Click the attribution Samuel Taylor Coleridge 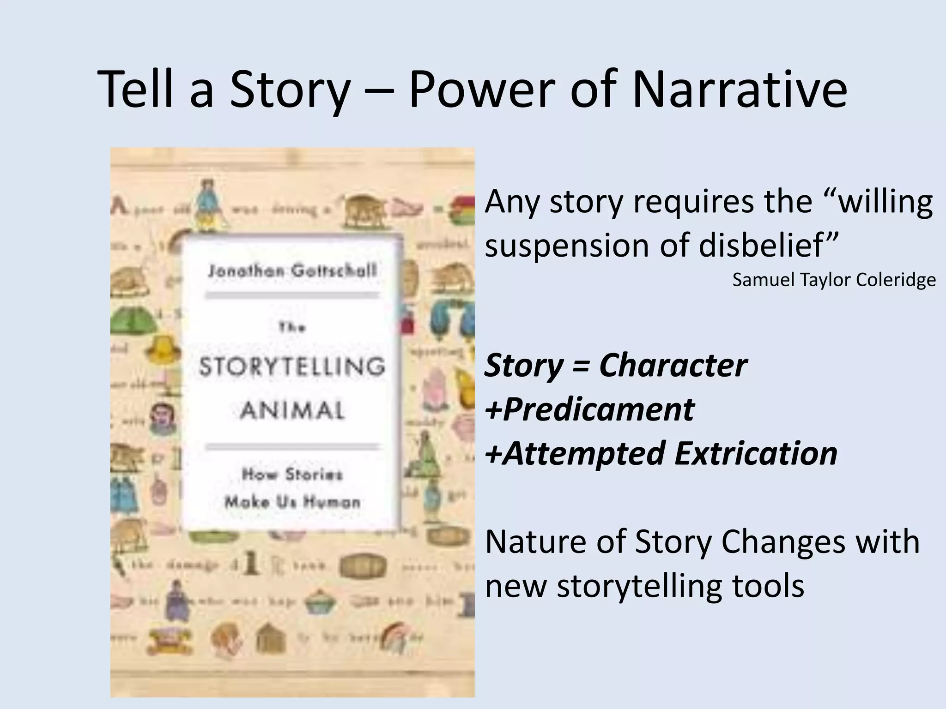tap(834, 280)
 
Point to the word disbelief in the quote tap(768, 245)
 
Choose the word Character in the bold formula tap(673, 365)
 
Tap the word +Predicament tap(589, 409)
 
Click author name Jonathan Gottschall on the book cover tap(292, 271)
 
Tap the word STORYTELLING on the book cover tap(292, 367)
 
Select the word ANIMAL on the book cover tap(292, 410)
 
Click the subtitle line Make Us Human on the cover tap(292, 502)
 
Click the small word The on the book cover tap(292, 328)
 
